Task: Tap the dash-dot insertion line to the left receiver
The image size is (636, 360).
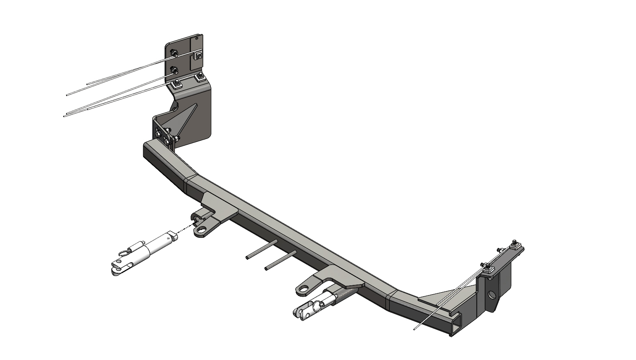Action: pos(185,228)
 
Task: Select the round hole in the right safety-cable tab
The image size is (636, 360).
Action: pos(303,289)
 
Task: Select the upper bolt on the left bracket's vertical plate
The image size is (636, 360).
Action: pos(174,53)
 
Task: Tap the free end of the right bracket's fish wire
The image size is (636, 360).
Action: pos(415,329)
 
